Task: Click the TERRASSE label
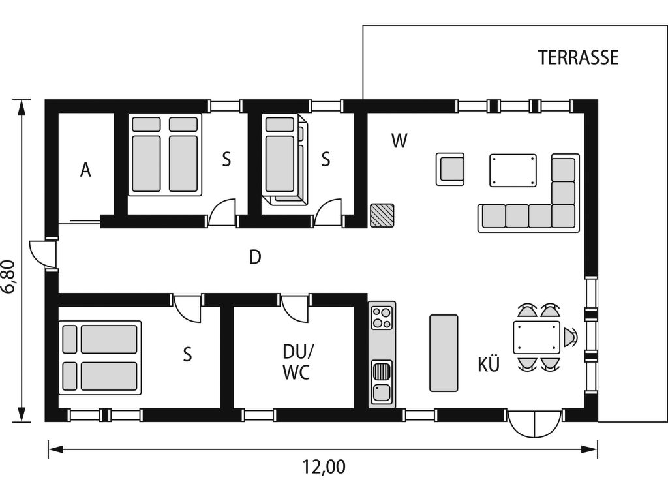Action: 578,57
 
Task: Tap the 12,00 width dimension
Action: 324,467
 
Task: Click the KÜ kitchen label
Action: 488,365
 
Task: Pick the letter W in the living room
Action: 399,141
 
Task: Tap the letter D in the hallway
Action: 255,257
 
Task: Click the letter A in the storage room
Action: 85,170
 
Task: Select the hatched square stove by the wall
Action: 382,215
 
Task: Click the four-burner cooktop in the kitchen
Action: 382,318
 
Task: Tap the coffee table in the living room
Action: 513,170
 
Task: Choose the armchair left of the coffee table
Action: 450,170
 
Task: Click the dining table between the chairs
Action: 537,337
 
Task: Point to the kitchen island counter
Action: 444,353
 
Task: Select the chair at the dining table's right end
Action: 570,337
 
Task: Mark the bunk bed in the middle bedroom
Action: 284,160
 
